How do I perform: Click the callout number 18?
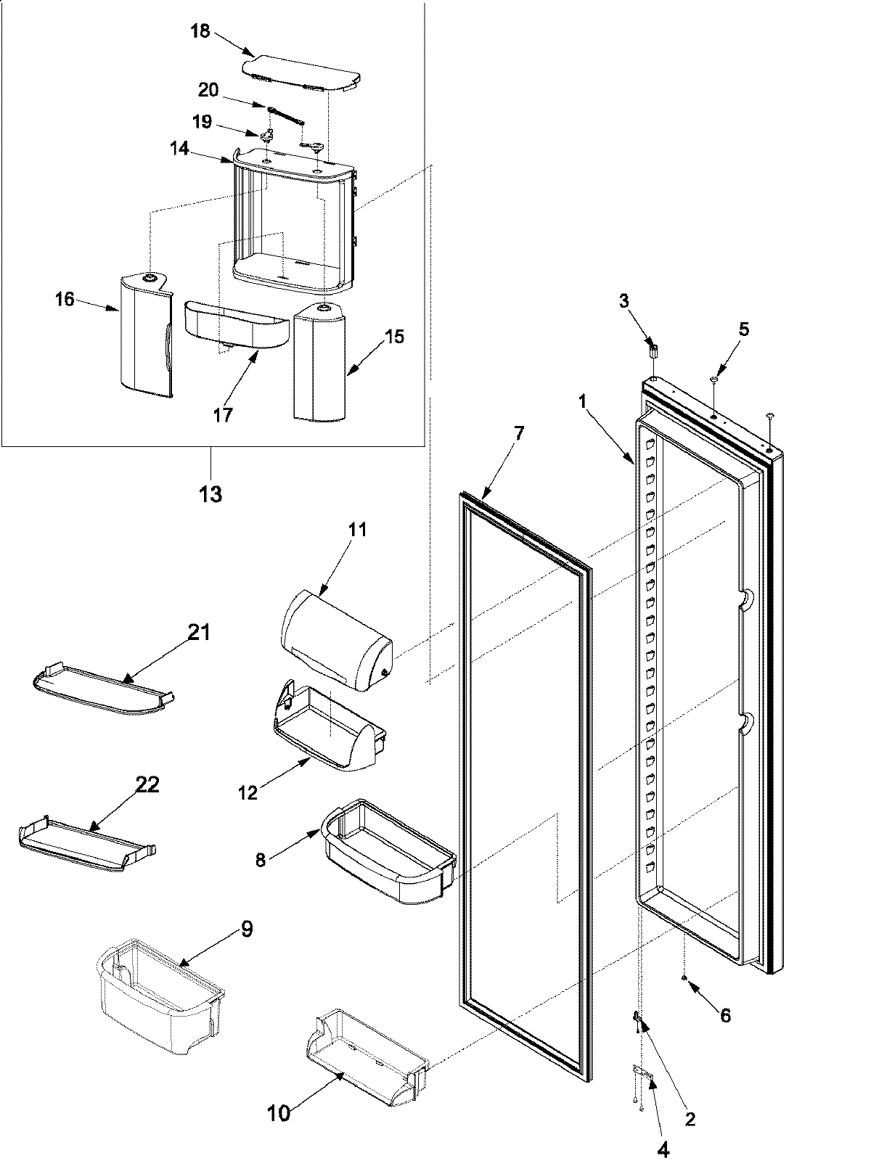[x=200, y=32]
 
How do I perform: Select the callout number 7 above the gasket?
[x=518, y=433]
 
